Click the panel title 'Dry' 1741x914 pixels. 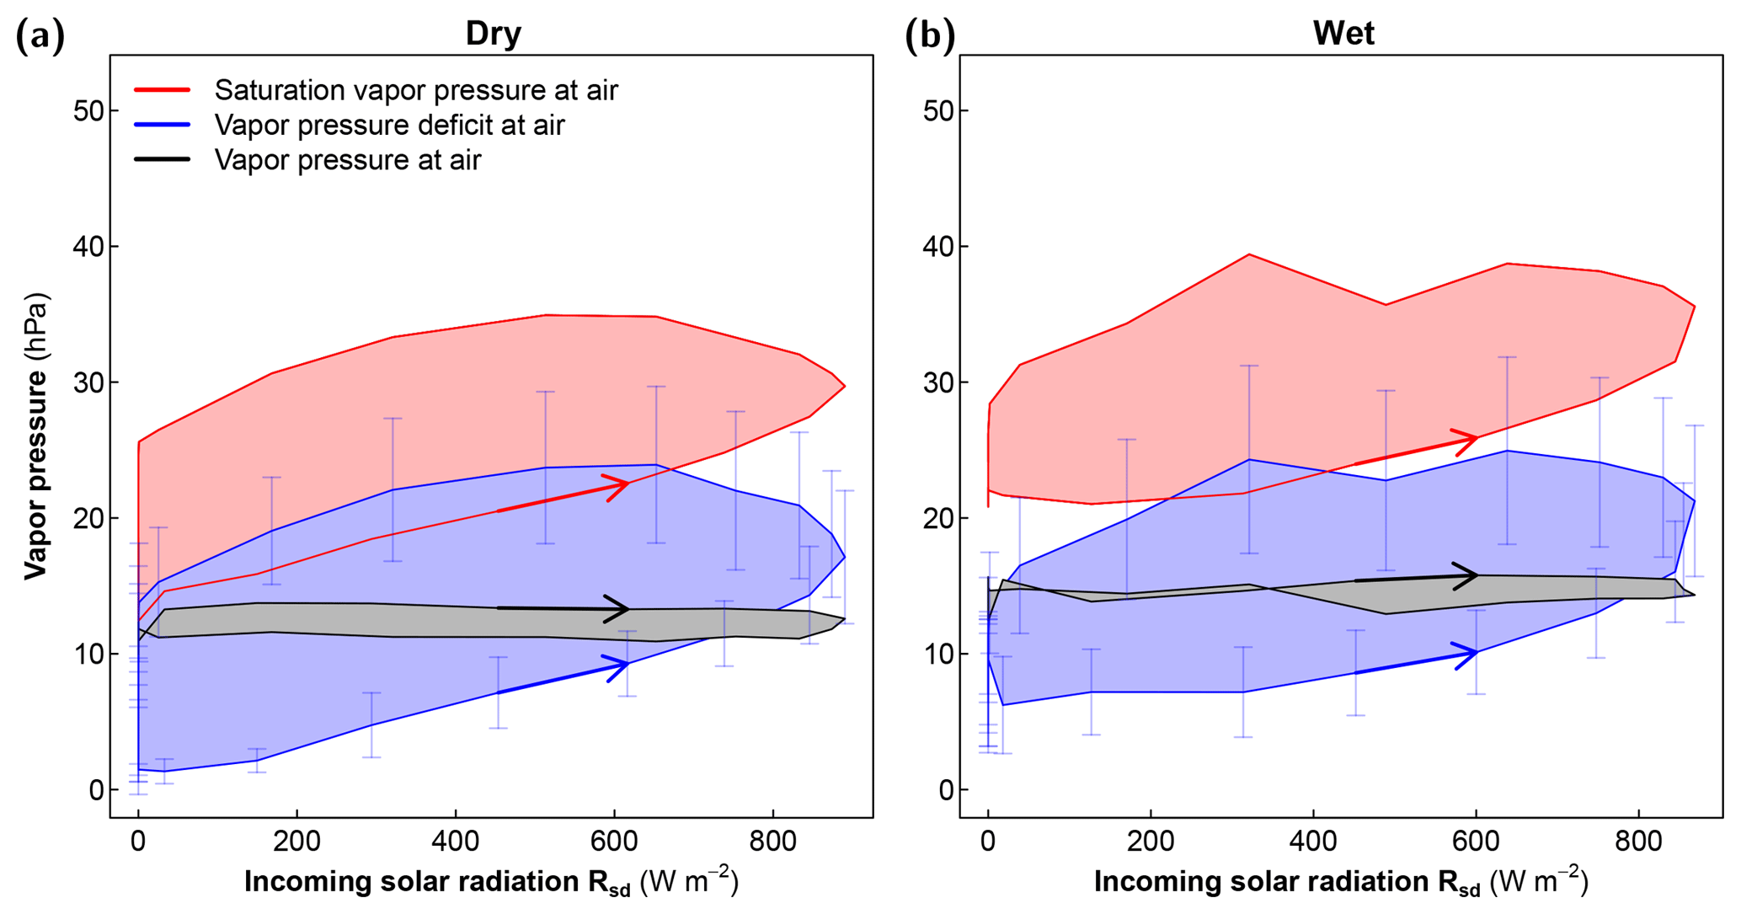pyautogui.click(x=494, y=34)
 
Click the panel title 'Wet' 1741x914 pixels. pyautogui.click(x=1343, y=34)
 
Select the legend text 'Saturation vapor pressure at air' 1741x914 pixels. pyautogui.click(x=416, y=90)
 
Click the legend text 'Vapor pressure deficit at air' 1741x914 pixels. pyautogui.click(x=389, y=126)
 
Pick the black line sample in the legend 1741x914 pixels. pyautogui.click(x=162, y=159)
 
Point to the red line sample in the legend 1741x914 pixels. pyautogui.click(x=162, y=89)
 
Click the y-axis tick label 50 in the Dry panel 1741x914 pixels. pyautogui.click(x=88, y=111)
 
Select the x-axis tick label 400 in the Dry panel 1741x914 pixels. pyautogui.click(x=456, y=842)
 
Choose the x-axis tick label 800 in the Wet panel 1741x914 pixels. pyautogui.click(x=1638, y=842)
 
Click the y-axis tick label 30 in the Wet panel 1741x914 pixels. pyautogui.click(x=938, y=382)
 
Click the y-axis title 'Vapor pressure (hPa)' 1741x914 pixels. pyautogui.click(x=35, y=436)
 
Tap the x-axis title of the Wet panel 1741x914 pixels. pyautogui.click(x=1341, y=882)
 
